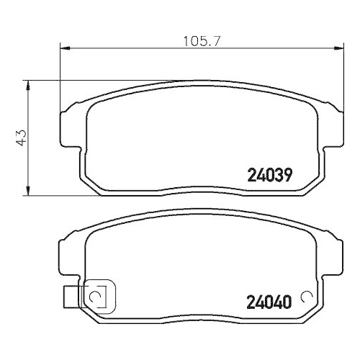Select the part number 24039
pos(269,174)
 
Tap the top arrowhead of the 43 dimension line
pos(28,84)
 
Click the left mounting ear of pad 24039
pos(66,122)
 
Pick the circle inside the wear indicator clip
pos(95,295)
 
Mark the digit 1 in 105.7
pos(173,41)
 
